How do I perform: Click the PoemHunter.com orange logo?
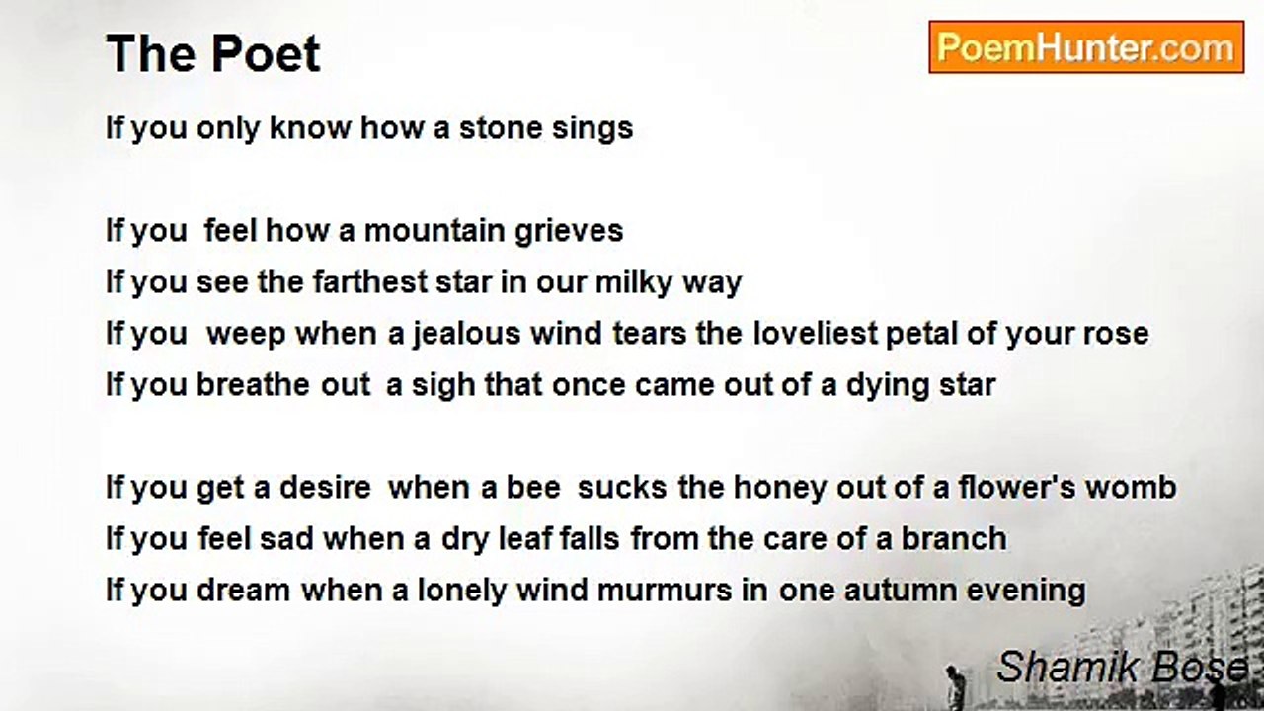point(1086,47)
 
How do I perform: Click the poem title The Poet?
point(212,54)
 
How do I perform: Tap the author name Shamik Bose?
point(1122,667)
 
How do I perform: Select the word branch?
point(954,538)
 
